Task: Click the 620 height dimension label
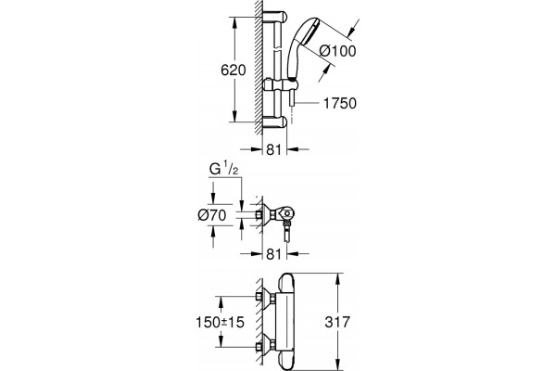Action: point(233,70)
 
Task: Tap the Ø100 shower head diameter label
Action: point(337,51)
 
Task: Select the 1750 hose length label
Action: point(340,103)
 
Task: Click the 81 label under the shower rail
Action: point(273,149)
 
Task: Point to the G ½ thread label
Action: point(223,170)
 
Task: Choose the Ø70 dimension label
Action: point(212,215)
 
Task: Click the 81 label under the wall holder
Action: point(273,254)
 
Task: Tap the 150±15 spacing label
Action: point(221,322)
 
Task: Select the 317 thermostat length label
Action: point(337,322)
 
